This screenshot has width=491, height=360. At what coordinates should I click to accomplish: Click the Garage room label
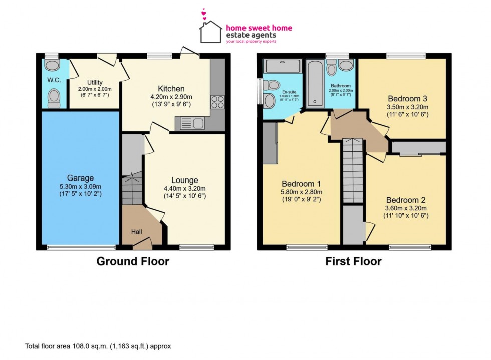pyautogui.click(x=81, y=178)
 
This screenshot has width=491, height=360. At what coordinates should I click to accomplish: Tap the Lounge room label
pyautogui.click(x=184, y=180)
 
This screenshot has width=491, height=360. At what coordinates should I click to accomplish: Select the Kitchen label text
pyautogui.click(x=171, y=89)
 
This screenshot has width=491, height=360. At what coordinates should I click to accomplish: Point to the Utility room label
pyautogui.click(x=95, y=82)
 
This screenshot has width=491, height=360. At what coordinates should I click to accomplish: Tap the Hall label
pyautogui.click(x=137, y=232)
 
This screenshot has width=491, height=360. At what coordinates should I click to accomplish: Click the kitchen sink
pyautogui.click(x=191, y=122)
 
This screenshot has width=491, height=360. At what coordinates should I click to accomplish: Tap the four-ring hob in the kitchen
pyautogui.click(x=218, y=102)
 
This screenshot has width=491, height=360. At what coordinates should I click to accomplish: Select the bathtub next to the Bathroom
pyautogui.click(x=315, y=84)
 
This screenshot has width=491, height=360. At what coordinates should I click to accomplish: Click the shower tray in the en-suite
pyautogui.click(x=283, y=66)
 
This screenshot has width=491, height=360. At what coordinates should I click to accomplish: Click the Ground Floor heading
pyautogui.click(x=132, y=261)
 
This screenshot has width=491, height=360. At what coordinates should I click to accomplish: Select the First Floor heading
pyautogui.click(x=353, y=261)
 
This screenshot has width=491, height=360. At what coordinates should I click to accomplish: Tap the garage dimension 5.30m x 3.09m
pyautogui.click(x=81, y=186)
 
